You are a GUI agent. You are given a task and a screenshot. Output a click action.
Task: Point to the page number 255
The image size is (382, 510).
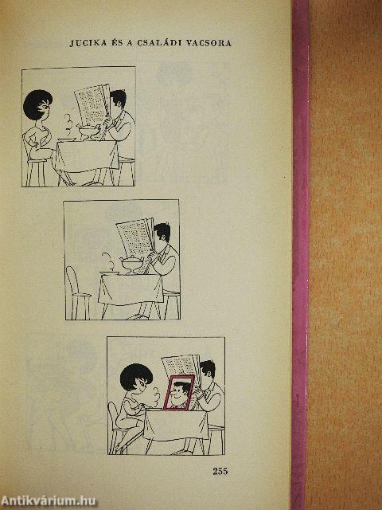point(220,471)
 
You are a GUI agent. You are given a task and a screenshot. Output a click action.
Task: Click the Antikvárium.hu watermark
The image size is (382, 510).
point(49,501)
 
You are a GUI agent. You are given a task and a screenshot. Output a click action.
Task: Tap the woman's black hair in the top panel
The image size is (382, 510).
point(37,104)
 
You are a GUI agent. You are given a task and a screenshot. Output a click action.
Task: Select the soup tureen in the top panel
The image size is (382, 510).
point(88,131)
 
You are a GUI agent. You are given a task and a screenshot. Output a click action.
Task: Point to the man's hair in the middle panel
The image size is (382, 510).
point(162,231)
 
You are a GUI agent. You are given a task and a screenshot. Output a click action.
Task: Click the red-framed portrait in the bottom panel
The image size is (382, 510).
point(179,393)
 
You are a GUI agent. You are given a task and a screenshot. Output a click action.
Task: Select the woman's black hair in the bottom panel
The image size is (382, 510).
point(136,378)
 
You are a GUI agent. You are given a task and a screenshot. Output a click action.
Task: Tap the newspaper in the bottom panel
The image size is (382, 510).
point(181,366)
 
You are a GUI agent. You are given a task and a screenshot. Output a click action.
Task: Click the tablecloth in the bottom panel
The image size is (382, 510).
point(175,425)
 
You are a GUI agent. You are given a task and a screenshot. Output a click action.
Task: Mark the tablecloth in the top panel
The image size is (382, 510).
point(87,155)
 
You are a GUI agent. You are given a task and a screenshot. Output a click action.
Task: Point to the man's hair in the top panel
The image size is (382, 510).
point(119,97)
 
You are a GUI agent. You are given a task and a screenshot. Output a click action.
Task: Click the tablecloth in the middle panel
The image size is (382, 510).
point(131,288)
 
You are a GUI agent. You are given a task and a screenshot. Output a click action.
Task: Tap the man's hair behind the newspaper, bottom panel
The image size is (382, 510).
point(208,369)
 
